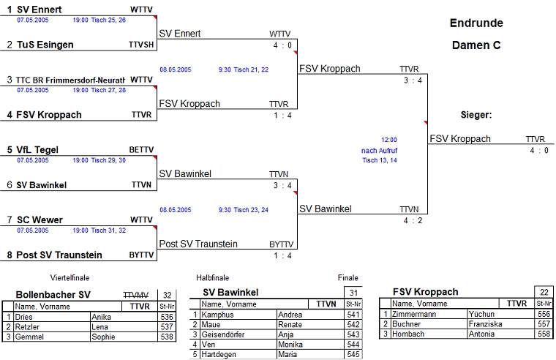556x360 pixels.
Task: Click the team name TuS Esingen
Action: (x=45, y=45)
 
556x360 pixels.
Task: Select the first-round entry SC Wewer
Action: (x=40, y=220)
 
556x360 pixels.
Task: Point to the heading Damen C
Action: (x=476, y=45)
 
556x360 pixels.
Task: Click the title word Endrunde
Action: (x=476, y=23)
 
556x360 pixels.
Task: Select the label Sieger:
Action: (x=476, y=115)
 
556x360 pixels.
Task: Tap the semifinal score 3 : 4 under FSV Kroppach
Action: (x=413, y=80)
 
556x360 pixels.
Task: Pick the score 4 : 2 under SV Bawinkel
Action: (x=413, y=220)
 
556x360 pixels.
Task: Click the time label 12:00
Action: (x=389, y=139)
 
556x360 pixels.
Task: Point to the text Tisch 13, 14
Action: (x=380, y=160)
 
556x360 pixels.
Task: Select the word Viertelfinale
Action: (x=69, y=278)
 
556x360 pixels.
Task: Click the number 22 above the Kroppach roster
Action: (x=543, y=292)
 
